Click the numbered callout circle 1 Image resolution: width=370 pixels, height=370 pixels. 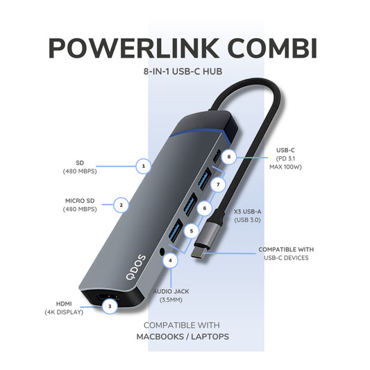point(144,166)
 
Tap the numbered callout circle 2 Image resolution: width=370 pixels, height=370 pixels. point(121,205)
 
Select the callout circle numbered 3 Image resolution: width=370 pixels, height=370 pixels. point(110,306)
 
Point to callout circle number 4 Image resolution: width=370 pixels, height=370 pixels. point(170,260)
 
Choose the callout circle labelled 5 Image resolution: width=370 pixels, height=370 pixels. point(192,230)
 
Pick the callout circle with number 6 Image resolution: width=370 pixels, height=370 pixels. point(205,208)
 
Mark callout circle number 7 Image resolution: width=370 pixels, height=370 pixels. point(218,184)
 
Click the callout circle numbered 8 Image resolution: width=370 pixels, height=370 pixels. point(228,157)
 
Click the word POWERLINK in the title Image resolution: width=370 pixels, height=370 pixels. point(134,48)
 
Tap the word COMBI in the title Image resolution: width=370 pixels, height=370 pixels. point(273,48)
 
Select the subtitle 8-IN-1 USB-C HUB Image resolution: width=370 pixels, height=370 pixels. point(183,72)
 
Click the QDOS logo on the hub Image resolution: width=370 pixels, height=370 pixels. point(136,267)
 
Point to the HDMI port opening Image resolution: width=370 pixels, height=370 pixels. point(109,297)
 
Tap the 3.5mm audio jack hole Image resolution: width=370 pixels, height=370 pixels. point(162,251)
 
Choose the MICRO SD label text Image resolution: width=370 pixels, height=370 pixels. point(80,201)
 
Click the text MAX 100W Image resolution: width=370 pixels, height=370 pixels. point(285,167)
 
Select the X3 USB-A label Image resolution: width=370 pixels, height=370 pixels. point(248,212)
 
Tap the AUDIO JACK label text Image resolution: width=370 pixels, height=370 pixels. point(171,292)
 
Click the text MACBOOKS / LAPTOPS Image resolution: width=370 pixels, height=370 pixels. point(183,337)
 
